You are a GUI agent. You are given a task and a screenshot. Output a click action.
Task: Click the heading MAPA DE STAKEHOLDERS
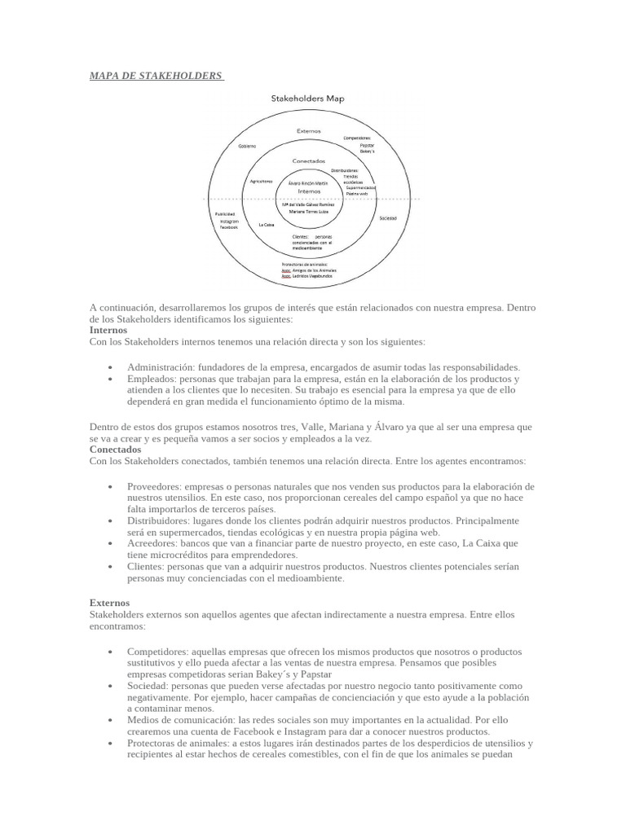point(155,76)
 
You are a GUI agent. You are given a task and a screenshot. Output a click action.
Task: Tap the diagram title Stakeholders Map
point(307,99)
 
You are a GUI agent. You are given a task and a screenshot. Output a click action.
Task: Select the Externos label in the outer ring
point(308,130)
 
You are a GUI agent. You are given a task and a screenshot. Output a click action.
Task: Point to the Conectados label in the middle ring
point(308,160)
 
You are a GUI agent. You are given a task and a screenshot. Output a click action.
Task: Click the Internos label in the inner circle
point(308,191)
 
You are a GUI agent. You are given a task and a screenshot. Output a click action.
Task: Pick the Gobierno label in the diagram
point(247,146)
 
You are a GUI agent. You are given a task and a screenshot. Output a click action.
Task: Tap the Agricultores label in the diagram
point(261,182)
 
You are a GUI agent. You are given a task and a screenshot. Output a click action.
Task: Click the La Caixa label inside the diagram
point(266,224)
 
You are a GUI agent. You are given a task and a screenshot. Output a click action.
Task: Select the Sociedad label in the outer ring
point(388,219)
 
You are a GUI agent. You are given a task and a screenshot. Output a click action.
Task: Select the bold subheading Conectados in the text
point(115,449)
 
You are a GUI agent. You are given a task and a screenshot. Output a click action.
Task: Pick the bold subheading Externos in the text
point(109,603)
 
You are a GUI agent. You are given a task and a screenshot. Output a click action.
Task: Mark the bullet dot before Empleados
point(109,380)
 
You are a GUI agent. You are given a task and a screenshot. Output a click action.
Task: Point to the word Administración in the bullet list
point(160,367)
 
